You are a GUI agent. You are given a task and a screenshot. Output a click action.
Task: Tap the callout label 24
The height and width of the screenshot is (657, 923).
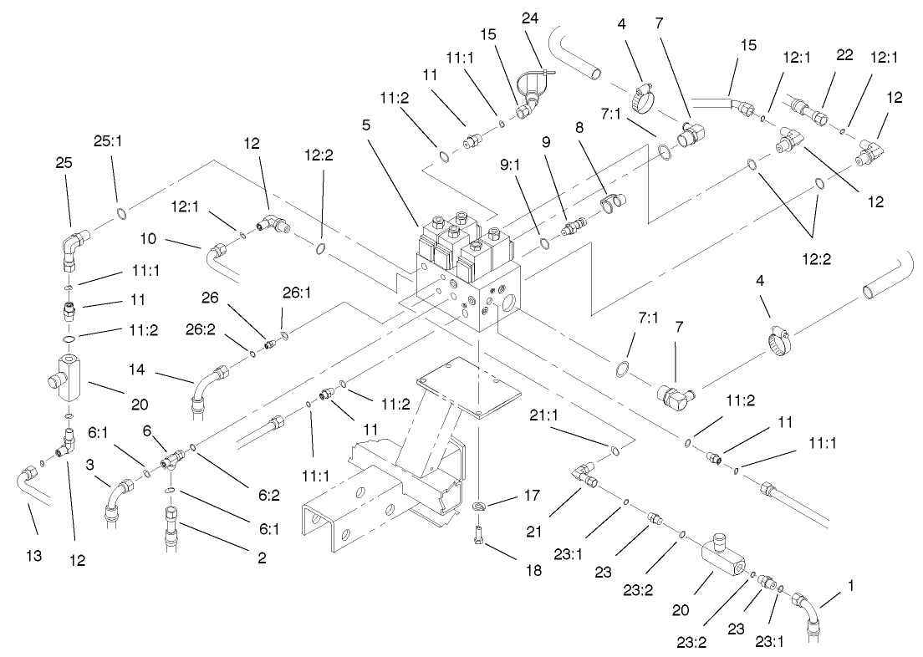click(531, 18)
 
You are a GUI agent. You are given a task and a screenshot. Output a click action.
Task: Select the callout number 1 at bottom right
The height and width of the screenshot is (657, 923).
click(851, 586)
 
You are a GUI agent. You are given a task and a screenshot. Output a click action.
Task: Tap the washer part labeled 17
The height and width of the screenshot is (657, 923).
click(480, 507)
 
